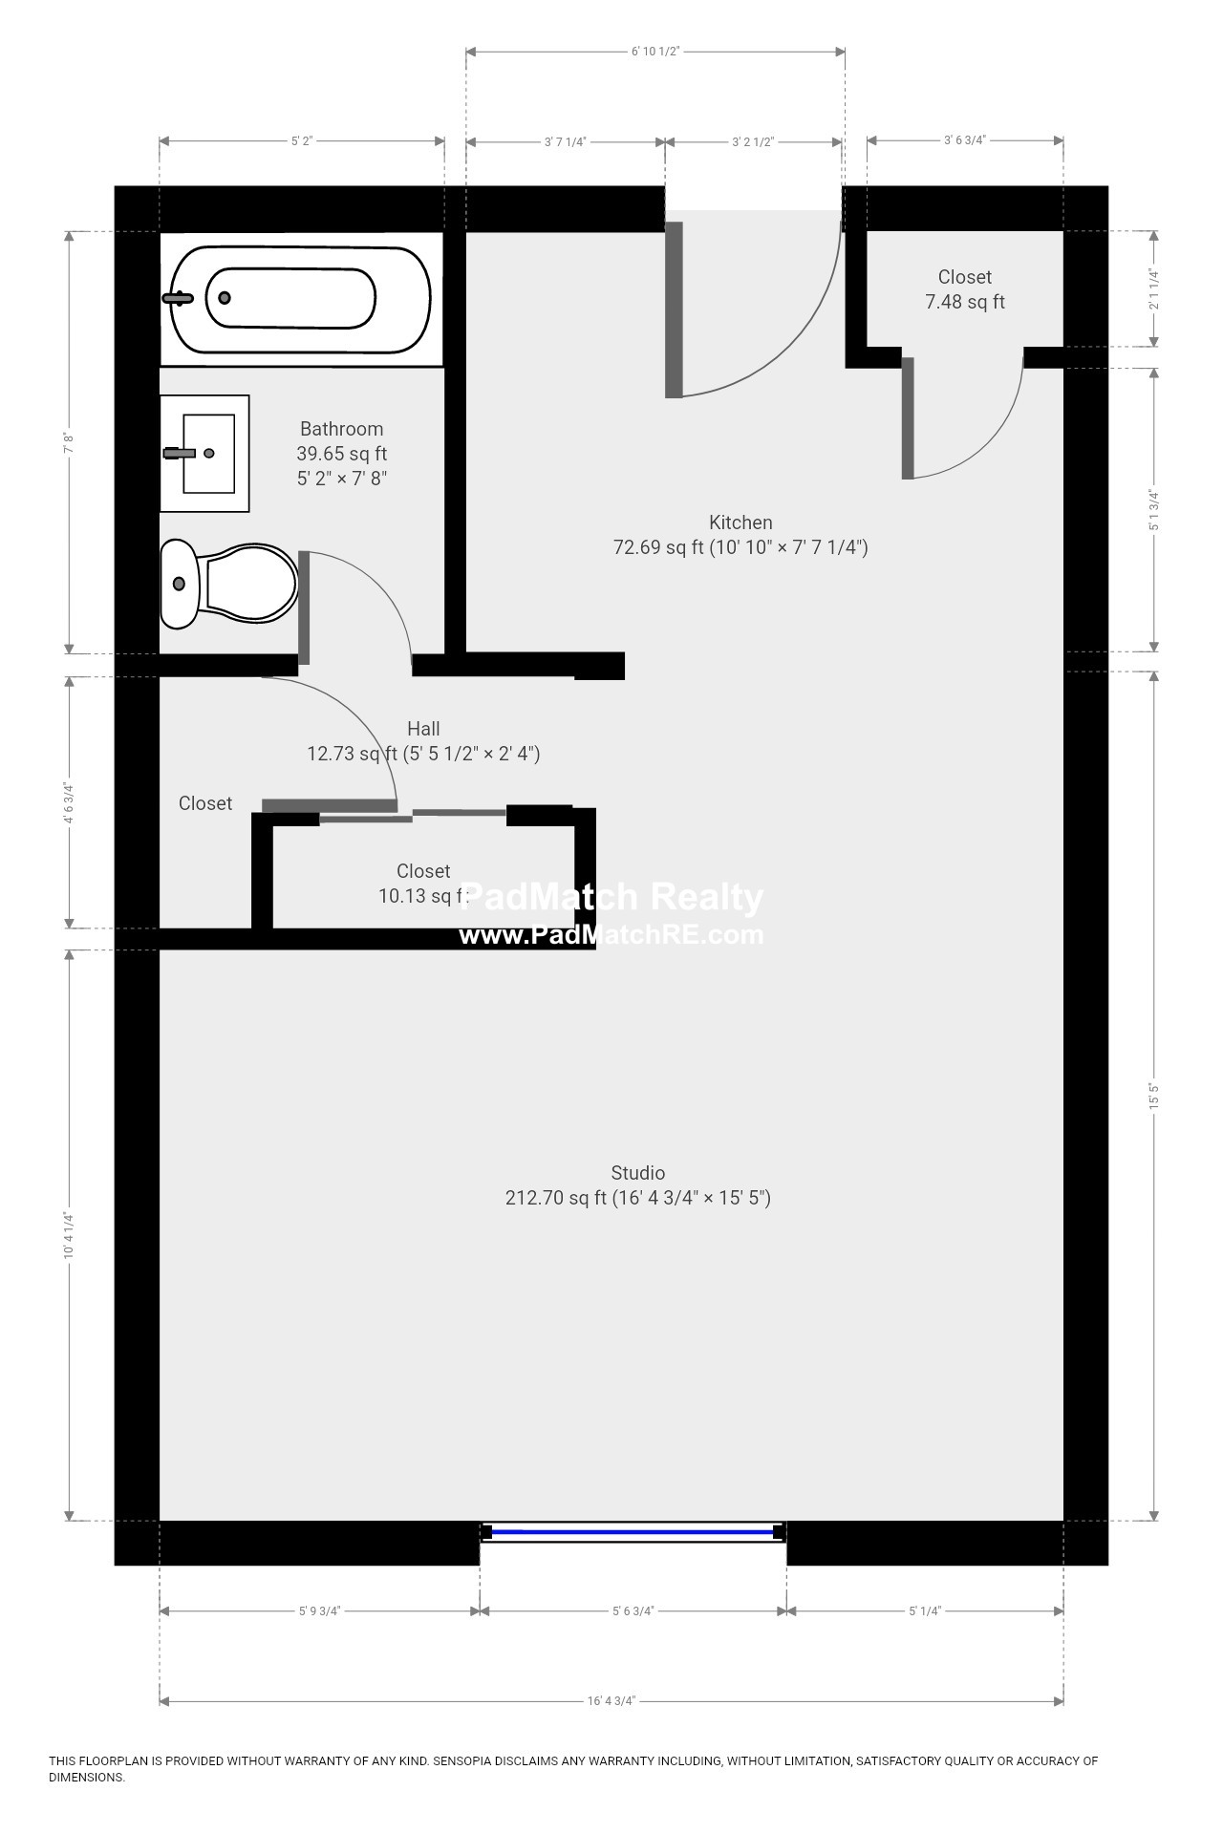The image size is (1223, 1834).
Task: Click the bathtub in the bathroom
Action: tap(301, 299)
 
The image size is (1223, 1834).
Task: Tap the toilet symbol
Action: tap(229, 584)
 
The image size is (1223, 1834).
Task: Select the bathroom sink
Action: tap(204, 454)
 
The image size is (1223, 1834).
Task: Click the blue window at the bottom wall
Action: tap(633, 1532)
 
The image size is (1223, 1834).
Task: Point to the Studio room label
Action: tap(638, 1173)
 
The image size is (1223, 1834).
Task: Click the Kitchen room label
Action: tap(740, 522)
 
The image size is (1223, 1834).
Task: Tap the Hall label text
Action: tap(423, 729)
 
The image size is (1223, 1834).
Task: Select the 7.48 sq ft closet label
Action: tap(965, 289)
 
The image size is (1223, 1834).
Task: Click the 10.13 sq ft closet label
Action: tap(423, 884)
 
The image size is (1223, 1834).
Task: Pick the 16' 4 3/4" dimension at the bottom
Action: tap(611, 1700)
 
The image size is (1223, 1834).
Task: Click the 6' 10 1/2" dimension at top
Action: tap(655, 52)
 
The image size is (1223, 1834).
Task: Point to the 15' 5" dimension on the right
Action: tap(1154, 1096)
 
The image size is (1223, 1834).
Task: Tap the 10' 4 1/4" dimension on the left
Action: tap(69, 1235)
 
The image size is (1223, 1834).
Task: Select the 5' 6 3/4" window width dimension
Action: tap(633, 1610)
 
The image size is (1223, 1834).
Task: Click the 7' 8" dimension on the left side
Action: tap(69, 443)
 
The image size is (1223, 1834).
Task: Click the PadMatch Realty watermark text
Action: tap(611, 897)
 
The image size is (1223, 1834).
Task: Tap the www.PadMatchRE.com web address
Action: tap(611, 935)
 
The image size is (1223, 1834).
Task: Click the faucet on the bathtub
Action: tap(178, 298)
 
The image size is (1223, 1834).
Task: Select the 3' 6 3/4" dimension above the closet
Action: tap(965, 140)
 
